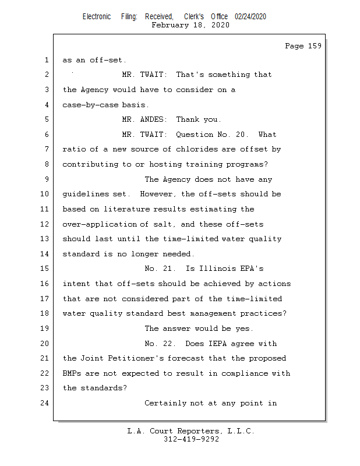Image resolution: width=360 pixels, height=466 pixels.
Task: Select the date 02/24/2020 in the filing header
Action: pyautogui.click(x=250, y=17)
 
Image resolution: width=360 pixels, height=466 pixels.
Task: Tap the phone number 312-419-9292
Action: pyautogui.click(x=191, y=439)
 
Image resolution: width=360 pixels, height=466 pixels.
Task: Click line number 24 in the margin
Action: pyautogui.click(x=45, y=403)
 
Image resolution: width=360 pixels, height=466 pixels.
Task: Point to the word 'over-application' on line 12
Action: pyautogui.click(x=98, y=224)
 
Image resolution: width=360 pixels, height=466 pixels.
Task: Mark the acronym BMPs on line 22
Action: pyautogui.click(x=72, y=373)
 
